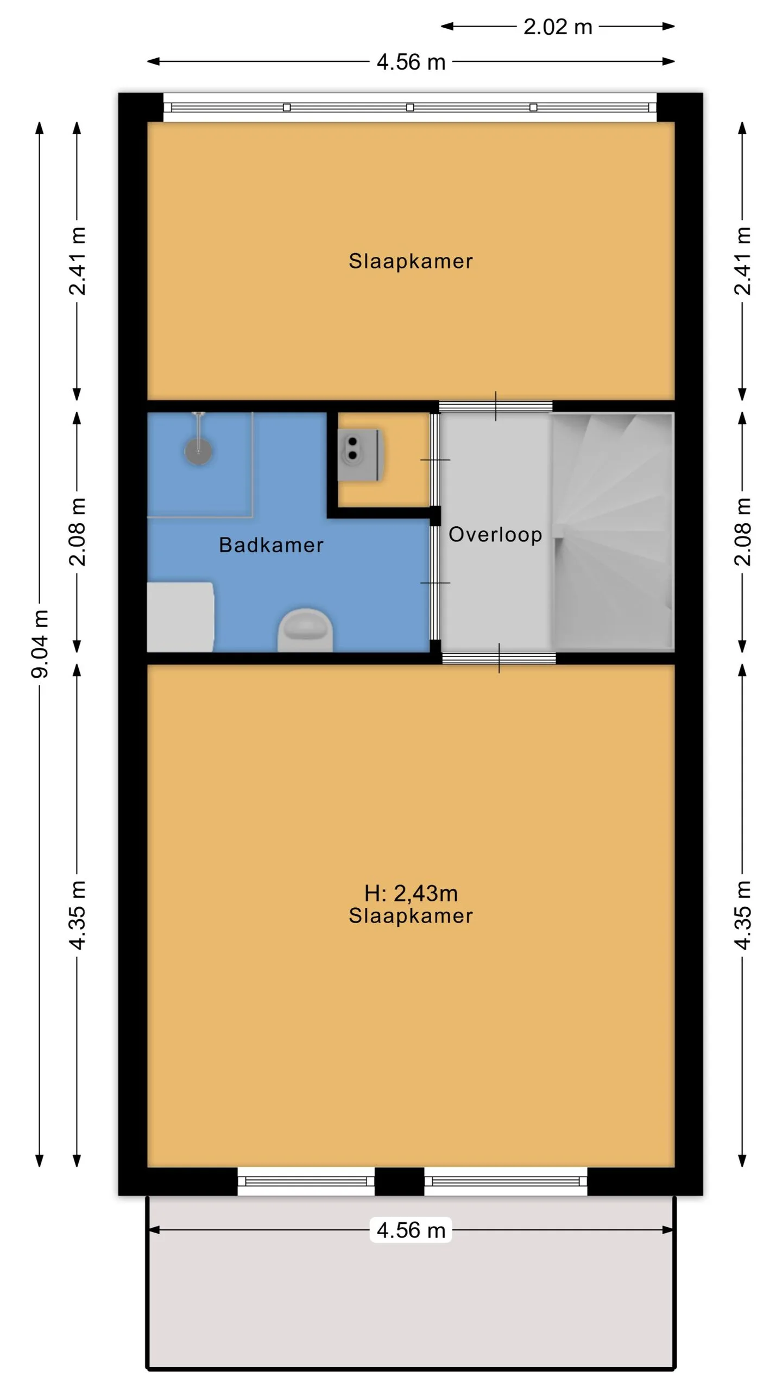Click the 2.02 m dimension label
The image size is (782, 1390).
click(557, 27)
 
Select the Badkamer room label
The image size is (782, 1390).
click(271, 545)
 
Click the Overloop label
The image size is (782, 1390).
click(495, 535)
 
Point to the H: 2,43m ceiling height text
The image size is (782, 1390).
click(411, 893)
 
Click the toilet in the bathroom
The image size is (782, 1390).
click(305, 630)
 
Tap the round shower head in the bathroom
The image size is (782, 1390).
click(198, 451)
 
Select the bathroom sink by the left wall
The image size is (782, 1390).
click(180, 617)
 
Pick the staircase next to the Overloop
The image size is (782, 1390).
click(613, 532)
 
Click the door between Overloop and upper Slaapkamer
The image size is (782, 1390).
click(496, 406)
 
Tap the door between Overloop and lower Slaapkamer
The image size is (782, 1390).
click(499, 658)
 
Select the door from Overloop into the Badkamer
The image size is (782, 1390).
click(435, 583)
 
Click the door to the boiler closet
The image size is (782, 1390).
click(435, 460)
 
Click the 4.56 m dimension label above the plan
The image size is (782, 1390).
click(411, 62)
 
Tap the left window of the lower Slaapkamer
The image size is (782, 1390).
click(306, 1181)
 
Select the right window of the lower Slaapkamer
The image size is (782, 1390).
click(506, 1181)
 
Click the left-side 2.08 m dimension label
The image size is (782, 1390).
click(77, 532)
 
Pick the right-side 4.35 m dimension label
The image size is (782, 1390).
click(742, 915)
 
